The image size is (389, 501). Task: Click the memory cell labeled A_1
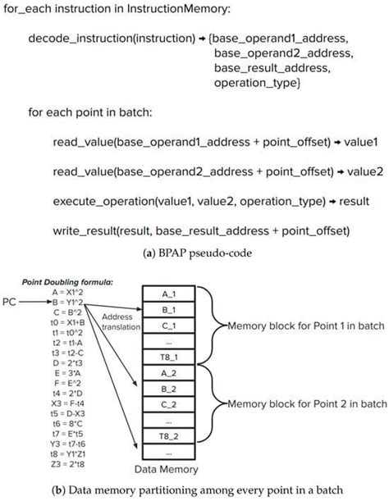pos(167,293)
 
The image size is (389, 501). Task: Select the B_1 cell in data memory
pos(167,310)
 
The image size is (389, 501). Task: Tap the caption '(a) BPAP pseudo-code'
pos(194,254)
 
